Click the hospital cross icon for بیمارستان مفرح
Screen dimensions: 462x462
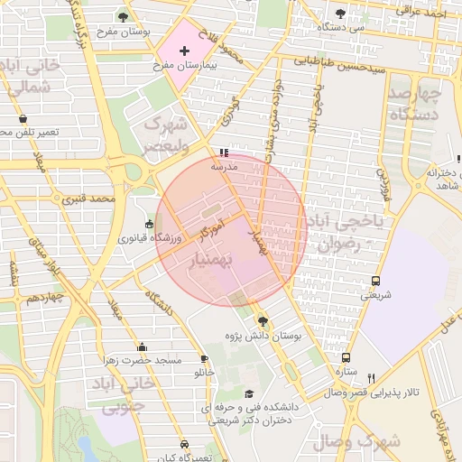pyautogui.click(x=184, y=51)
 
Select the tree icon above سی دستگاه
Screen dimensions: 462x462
pyautogui.click(x=340, y=14)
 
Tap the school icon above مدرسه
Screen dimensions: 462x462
pyautogui.click(x=224, y=152)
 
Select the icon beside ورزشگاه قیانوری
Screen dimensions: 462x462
pyautogui.click(x=150, y=224)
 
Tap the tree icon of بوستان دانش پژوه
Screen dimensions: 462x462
pyautogui.click(x=263, y=321)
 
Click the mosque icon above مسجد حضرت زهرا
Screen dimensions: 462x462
pyautogui.click(x=142, y=346)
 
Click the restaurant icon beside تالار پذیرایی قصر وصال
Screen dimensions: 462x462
pyautogui.click(x=371, y=378)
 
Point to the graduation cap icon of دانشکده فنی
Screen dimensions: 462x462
pyautogui.click(x=249, y=393)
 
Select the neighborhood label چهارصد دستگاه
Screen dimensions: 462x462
pyautogui.click(x=415, y=104)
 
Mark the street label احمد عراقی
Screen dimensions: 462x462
pyautogui.click(x=425, y=14)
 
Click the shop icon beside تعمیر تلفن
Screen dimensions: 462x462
pyautogui.click(x=23, y=118)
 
